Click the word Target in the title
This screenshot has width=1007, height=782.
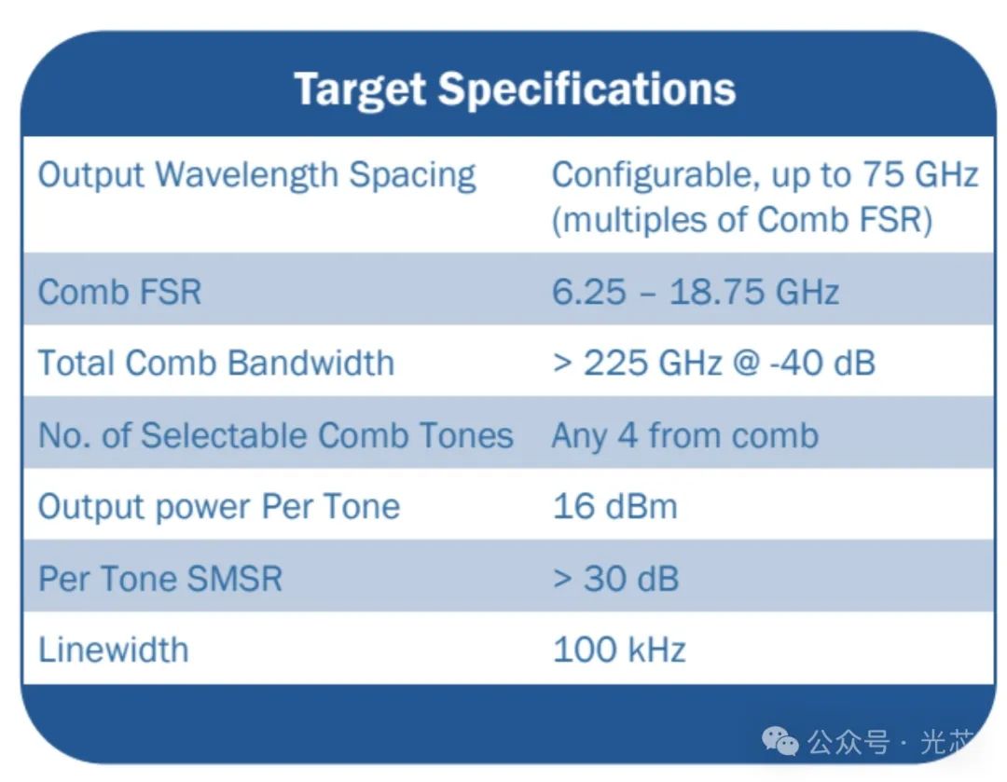[x=361, y=89]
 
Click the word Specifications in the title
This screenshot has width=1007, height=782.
[x=586, y=89]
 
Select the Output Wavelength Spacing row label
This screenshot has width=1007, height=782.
[x=256, y=175]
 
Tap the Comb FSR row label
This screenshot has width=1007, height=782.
[x=119, y=292]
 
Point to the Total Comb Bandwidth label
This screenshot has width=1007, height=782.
[x=215, y=363]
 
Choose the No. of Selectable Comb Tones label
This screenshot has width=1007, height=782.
[x=275, y=435]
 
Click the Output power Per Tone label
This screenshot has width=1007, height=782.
[x=218, y=506]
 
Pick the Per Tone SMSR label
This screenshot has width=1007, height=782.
[x=159, y=578]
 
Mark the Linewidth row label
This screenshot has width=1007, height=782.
[x=113, y=649]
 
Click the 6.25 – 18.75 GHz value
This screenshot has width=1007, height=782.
[x=695, y=292]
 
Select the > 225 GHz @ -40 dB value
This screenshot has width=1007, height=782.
[x=713, y=363]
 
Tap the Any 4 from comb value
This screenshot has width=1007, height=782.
[x=684, y=435]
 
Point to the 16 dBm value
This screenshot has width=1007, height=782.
[x=614, y=506]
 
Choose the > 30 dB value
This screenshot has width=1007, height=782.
[x=615, y=578]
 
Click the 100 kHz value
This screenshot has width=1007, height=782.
[x=619, y=649]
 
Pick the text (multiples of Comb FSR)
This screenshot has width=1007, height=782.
[x=742, y=220]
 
